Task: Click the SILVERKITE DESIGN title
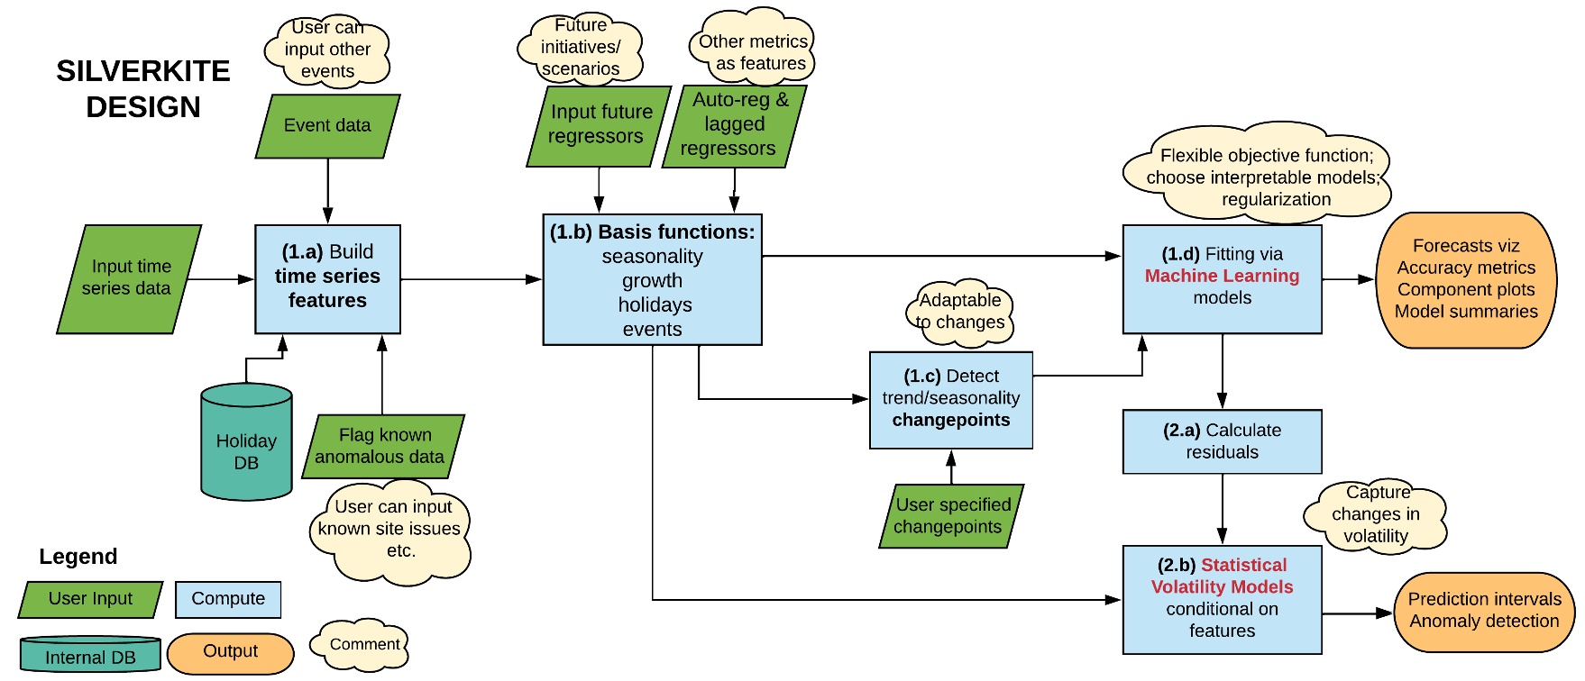142,88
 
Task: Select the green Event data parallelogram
327,126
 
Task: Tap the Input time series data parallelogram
129,278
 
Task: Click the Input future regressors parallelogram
599,125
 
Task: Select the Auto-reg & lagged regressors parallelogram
733,125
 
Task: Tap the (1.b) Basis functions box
652,279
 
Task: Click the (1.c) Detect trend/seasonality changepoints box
950,399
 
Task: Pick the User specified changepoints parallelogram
951,516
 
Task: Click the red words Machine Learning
1222,276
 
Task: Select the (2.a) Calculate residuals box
1222,441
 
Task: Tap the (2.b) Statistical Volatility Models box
1222,598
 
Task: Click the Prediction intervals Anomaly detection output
1483,612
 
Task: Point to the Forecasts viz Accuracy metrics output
1466,279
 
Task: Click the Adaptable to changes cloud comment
959,312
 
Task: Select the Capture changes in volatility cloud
1375,515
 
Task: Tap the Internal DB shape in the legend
90,655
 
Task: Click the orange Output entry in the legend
231,652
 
